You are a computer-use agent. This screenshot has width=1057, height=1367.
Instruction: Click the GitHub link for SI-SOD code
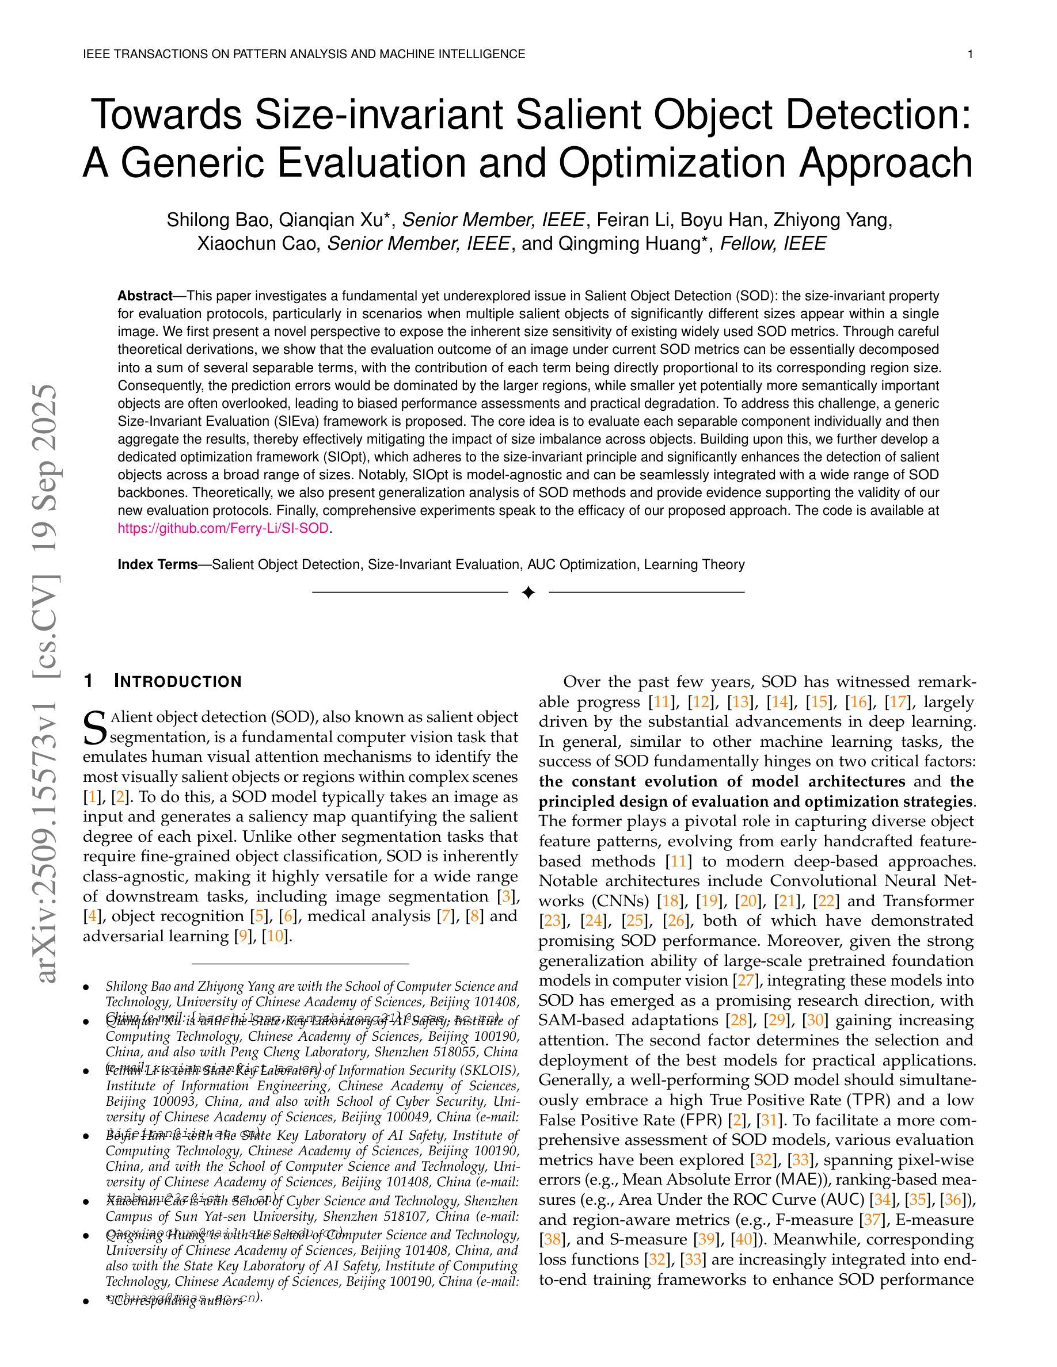[x=223, y=528]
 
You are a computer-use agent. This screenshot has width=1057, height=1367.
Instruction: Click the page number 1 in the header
[x=970, y=55]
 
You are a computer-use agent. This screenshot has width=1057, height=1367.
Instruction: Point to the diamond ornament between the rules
[x=528, y=592]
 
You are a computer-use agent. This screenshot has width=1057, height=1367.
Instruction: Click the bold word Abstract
[x=145, y=295]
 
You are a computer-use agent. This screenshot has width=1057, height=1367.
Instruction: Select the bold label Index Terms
[x=157, y=564]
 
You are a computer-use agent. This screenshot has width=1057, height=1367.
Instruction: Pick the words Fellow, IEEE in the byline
[x=773, y=243]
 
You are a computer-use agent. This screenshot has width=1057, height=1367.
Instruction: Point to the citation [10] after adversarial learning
[x=276, y=937]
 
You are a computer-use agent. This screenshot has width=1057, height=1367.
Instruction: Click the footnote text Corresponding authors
[x=178, y=1301]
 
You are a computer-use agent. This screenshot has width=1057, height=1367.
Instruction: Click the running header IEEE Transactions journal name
[x=304, y=55]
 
